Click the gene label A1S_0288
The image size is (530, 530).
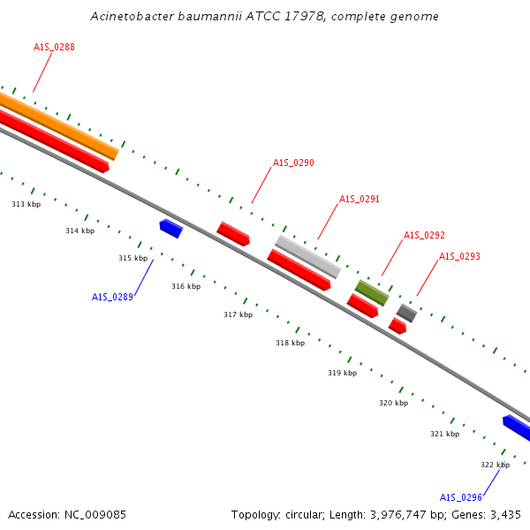pos(54,47)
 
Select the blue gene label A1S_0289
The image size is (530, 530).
pos(112,297)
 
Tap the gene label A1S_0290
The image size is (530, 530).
pos(293,163)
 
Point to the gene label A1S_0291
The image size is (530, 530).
pos(360,199)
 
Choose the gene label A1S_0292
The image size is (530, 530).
pos(424,235)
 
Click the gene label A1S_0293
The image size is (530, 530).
pos(459,256)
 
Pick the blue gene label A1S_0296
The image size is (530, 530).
pos(460,496)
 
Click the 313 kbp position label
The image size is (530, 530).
pos(26,204)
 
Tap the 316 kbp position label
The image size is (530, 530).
pos(185,286)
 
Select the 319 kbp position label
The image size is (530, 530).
pos(342,373)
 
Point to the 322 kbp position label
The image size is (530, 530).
pos(495,465)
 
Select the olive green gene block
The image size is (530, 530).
pos(371,292)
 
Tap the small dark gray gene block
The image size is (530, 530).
pos(406,313)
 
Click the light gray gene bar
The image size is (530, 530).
pos(307,256)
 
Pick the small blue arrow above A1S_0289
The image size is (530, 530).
pos(170,228)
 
